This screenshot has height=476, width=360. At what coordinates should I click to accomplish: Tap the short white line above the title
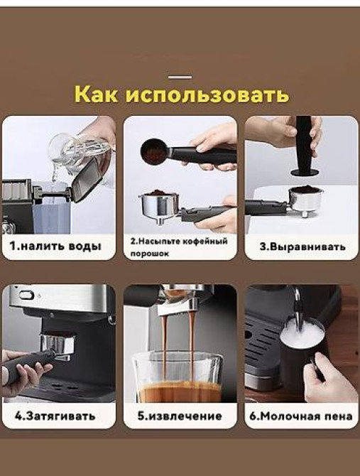coord(180,77)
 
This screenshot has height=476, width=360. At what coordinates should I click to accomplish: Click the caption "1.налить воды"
coord(56,247)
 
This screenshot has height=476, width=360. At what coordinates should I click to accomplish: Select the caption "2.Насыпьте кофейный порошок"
coord(179,247)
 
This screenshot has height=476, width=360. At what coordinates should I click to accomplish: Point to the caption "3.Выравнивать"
coord(302,247)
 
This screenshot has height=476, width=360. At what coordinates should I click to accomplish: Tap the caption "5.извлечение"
coord(180,416)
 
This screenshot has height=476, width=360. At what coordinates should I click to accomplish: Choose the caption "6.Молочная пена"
coord(302,416)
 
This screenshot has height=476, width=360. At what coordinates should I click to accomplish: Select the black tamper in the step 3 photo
coord(303,146)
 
